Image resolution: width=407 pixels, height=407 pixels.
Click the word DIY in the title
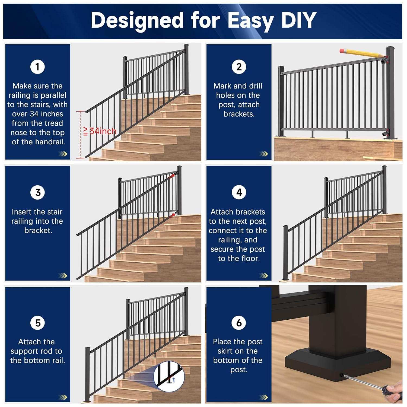(x=299, y=20)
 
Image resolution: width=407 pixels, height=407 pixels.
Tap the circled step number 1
(x=37, y=67)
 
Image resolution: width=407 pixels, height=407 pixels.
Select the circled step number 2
(x=239, y=67)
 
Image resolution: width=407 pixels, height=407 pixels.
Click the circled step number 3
(x=37, y=192)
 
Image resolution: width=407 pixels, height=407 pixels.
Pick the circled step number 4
(x=239, y=192)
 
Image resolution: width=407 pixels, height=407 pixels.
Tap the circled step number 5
(x=37, y=323)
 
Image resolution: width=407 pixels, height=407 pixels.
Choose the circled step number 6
(x=239, y=323)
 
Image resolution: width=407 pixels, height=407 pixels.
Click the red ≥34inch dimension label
(x=100, y=131)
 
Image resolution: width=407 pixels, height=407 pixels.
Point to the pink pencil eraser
(x=342, y=51)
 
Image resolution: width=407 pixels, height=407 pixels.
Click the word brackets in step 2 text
(x=239, y=114)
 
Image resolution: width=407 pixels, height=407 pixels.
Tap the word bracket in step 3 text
(x=38, y=230)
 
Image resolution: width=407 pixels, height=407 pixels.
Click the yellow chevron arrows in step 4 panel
(x=263, y=276)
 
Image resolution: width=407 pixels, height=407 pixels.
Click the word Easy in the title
(x=250, y=20)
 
